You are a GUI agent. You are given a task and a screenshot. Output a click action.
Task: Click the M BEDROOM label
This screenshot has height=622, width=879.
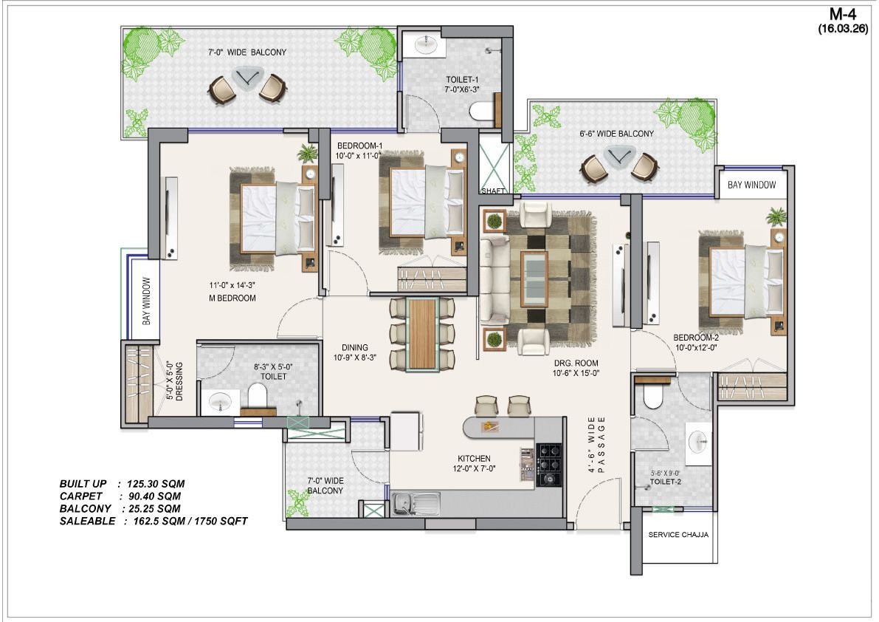tap(232, 298)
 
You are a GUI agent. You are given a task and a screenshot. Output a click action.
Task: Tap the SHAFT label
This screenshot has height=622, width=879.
tap(493, 191)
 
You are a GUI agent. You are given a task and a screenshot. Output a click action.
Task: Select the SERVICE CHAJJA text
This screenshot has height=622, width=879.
tap(678, 535)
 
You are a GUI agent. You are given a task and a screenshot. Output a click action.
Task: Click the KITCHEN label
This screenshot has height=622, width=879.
tap(474, 458)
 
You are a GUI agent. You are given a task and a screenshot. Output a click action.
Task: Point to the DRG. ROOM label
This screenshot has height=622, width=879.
tap(576, 363)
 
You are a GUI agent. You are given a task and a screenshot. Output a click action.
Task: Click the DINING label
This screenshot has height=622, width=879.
tap(355, 348)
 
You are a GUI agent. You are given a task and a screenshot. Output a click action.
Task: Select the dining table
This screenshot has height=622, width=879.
tap(423, 335)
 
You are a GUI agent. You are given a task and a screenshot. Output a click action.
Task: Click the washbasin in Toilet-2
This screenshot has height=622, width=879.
tap(699, 443)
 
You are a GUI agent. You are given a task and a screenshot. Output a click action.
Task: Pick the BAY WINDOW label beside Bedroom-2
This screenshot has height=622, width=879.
tap(752, 185)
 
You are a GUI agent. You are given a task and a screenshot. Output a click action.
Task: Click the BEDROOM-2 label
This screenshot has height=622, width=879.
tap(696, 338)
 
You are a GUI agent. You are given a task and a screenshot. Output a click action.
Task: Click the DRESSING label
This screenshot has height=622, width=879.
tap(179, 381)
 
